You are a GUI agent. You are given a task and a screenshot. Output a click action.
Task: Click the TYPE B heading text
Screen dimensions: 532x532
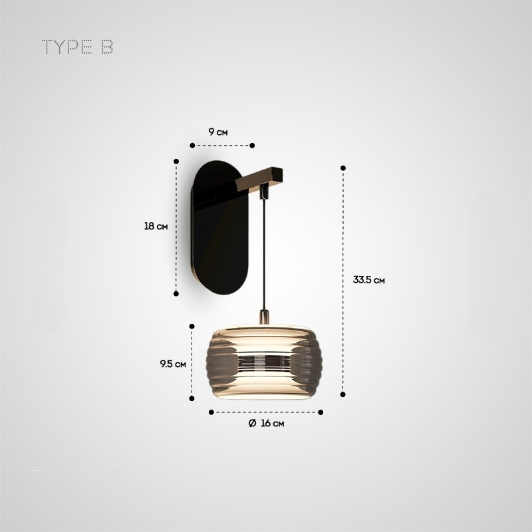[77, 48]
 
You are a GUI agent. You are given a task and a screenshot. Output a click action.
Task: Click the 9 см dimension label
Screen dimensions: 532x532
[218, 132]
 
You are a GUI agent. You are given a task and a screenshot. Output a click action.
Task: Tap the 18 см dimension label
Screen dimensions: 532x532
[156, 226]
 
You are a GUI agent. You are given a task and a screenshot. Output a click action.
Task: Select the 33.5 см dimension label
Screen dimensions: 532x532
[369, 280]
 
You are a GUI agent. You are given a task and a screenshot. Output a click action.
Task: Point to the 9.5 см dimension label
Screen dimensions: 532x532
[172, 364]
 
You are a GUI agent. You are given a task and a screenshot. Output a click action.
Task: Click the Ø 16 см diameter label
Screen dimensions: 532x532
[267, 424]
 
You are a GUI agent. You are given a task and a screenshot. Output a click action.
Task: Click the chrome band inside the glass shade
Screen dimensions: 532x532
[265, 364]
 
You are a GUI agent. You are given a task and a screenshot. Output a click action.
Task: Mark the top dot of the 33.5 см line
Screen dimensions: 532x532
[343, 168]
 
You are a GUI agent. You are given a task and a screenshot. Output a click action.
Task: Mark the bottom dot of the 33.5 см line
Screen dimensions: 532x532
[343, 394]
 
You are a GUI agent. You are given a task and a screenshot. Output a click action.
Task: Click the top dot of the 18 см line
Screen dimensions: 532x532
[176, 161]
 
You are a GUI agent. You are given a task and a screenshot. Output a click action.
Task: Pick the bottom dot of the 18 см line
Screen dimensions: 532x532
[176, 293]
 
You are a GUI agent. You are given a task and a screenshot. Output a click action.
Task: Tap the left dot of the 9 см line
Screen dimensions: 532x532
[192, 145]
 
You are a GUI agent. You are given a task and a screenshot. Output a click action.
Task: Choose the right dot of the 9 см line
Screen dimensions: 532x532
[252, 145]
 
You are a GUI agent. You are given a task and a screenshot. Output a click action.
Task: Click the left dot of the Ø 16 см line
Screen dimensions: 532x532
[211, 412]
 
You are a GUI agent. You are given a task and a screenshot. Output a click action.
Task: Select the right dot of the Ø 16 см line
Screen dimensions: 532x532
[321, 412]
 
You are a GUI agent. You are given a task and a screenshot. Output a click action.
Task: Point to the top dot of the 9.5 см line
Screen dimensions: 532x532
[192, 326]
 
